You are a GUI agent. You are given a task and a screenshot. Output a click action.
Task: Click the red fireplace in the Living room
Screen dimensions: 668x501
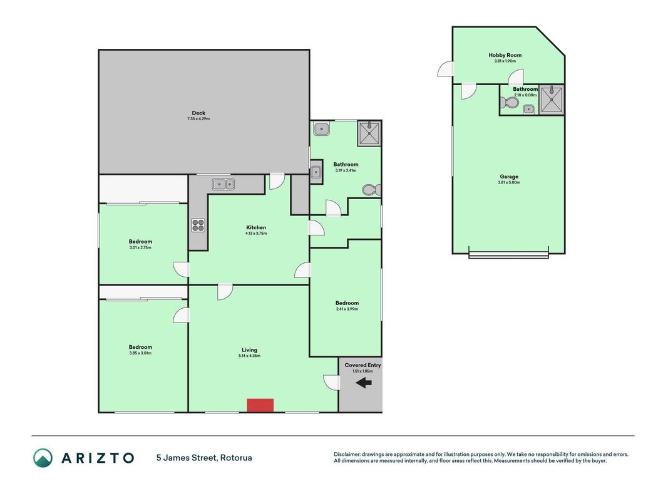(260, 405)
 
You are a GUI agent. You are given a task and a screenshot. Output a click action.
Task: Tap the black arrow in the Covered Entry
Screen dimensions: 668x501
(363, 383)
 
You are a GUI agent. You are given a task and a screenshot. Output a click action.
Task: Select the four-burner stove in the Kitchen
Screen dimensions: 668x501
(198, 225)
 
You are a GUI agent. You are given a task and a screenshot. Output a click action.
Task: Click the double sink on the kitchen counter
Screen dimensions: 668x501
(224, 185)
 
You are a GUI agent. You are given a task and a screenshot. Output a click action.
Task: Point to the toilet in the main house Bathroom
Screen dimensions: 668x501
(371, 190)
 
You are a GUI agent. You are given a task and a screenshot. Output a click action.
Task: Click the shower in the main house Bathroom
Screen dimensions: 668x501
(369, 133)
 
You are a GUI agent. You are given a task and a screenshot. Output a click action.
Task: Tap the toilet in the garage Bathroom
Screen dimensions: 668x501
(509, 103)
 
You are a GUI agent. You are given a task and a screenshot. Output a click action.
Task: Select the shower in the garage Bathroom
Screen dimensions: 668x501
(552, 100)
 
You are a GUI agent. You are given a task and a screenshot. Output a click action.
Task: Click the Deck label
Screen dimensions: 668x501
(198, 113)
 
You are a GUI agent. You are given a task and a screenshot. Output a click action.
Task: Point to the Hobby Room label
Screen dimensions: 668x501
(505, 55)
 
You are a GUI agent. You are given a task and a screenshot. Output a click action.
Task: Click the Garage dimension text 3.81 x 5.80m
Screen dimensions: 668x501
(508, 182)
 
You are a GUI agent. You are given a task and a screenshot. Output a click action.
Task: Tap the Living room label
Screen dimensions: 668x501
(249, 350)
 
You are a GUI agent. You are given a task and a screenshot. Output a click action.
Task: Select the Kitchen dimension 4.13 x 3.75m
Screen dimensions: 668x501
(256, 234)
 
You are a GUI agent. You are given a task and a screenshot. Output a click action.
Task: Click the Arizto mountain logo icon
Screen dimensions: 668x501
(43, 458)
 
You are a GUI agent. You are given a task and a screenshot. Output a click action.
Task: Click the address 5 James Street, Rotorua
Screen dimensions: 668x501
(204, 458)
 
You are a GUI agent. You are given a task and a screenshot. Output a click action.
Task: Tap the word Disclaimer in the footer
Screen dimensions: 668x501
(347, 455)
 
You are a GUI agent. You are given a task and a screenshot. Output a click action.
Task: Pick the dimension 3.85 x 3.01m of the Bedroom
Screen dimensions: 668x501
(140, 353)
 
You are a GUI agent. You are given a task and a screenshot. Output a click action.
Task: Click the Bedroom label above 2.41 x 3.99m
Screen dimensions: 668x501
(347, 303)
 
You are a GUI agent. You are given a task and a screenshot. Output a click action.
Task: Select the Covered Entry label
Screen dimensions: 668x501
(362, 365)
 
